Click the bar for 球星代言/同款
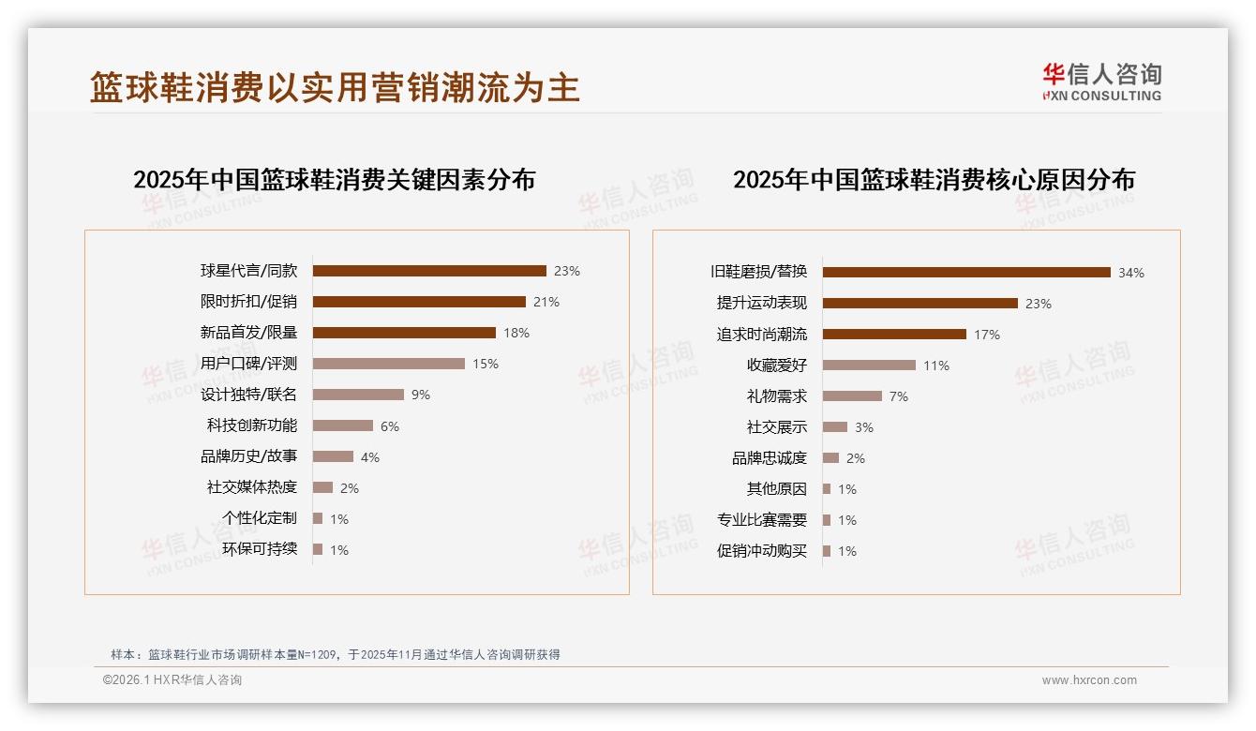[x=429, y=271]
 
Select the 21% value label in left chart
[x=546, y=302]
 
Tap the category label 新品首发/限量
[x=248, y=333]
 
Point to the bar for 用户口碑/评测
[x=389, y=364]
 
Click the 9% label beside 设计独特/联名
[x=421, y=395]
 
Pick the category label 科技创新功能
[x=252, y=425]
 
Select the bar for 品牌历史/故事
[x=333, y=456]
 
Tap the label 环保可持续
[x=260, y=549]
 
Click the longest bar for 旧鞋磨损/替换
[x=966, y=273]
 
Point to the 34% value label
[x=1131, y=274]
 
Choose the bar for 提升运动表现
[x=920, y=304]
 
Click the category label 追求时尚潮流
[x=762, y=335]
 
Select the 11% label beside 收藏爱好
[x=936, y=365]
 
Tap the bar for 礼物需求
[x=852, y=396]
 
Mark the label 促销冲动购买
[x=762, y=551]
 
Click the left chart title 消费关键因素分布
[x=334, y=180]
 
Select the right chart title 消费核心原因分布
[x=934, y=180]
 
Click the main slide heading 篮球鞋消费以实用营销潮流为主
[x=335, y=87]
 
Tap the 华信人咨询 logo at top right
[x=1101, y=82]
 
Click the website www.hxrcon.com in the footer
[x=1089, y=680]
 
